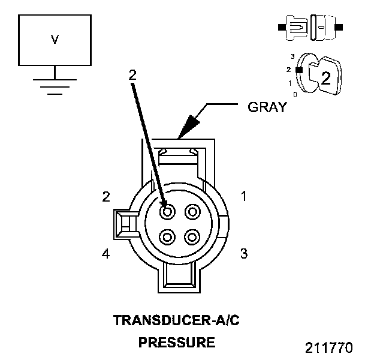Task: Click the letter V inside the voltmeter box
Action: pos(55,40)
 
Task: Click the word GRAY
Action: pos(267,109)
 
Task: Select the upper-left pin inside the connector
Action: pos(167,211)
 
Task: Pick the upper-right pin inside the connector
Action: pos(192,211)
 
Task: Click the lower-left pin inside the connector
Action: pos(167,236)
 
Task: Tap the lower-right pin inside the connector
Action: pos(192,236)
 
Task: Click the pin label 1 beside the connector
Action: pos(243,196)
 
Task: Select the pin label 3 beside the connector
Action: pos(243,254)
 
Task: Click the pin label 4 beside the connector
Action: pos(105,254)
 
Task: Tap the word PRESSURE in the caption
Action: pos(177,343)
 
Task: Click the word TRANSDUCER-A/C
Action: pos(177,320)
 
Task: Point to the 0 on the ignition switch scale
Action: pos(294,95)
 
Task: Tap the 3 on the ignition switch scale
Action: pos(292,56)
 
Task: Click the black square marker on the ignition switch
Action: pos(298,70)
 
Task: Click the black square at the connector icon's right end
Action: pos(339,28)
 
